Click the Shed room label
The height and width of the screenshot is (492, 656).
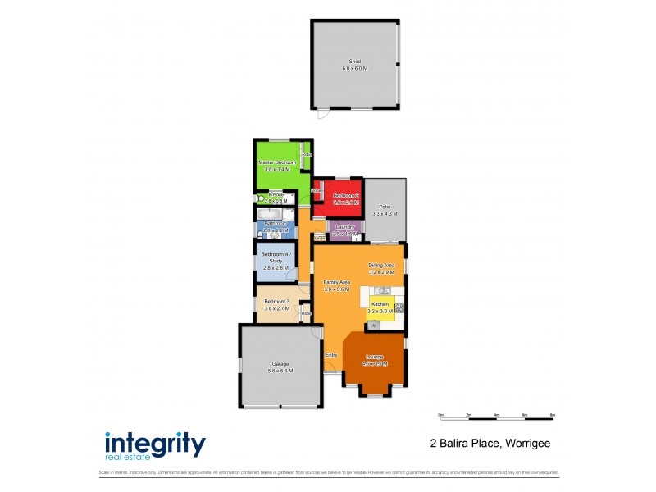click(x=355, y=61)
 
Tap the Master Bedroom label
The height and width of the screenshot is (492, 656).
click(x=276, y=162)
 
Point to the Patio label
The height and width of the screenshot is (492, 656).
click(x=384, y=207)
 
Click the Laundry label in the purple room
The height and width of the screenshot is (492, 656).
click(x=344, y=226)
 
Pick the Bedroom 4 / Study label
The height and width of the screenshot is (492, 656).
click(x=273, y=258)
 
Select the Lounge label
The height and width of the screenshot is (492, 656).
click(x=374, y=357)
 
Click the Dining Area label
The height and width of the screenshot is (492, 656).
click(x=382, y=265)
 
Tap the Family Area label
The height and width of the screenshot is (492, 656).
click(x=336, y=281)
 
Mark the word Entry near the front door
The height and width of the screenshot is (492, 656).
click(x=331, y=354)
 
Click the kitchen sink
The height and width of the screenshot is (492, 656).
click(x=382, y=290)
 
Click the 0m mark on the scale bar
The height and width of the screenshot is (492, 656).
click(x=440, y=415)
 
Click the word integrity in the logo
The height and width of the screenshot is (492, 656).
click(x=154, y=443)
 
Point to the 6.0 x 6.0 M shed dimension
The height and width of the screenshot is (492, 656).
click(x=355, y=68)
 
